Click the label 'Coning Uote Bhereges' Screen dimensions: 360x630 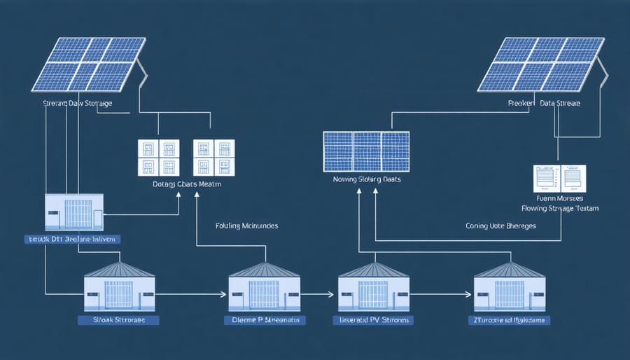(x=503, y=226)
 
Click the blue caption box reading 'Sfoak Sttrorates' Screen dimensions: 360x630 (x=118, y=319)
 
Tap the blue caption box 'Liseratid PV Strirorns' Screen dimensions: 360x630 (x=372, y=319)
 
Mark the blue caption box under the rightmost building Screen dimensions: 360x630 (x=509, y=319)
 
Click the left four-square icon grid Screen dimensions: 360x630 (x=159, y=157)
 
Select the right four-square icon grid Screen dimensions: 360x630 (x=213, y=157)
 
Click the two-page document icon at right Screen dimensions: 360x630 (x=560, y=179)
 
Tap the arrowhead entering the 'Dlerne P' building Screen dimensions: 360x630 (x=225, y=294)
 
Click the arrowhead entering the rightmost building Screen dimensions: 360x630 (x=470, y=294)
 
